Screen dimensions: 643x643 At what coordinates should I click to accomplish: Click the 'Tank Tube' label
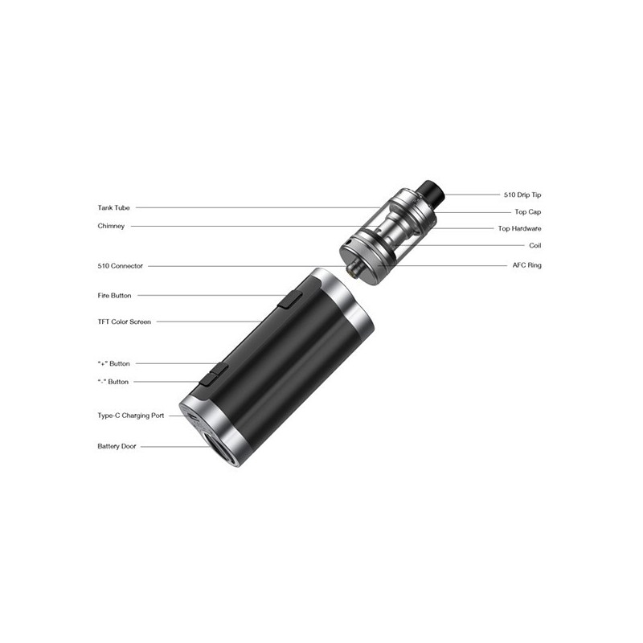(x=113, y=208)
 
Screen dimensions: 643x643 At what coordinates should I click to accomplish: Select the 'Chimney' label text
(x=111, y=227)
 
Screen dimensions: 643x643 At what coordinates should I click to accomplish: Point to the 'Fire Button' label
(x=114, y=296)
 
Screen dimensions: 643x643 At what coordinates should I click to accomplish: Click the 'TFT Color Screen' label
(x=124, y=322)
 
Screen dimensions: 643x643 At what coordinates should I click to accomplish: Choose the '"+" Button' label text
(x=113, y=364)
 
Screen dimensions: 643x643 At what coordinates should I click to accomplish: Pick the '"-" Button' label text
(x=113, y=382)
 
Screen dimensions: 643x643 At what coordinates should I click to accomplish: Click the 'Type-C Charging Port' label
(x=130, y=416)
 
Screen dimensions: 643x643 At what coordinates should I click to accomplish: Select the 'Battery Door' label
(x=117, y=446)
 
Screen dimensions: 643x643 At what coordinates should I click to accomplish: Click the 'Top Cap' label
(x=528, y=212)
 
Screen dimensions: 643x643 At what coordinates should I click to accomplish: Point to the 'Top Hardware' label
(x=519, y=229)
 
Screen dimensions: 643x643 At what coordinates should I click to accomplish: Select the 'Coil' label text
(x=534, y=246)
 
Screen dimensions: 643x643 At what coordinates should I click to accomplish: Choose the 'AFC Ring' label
(x=526, y=265)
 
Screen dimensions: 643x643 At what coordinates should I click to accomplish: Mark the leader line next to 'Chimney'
(x=241, y=227)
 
